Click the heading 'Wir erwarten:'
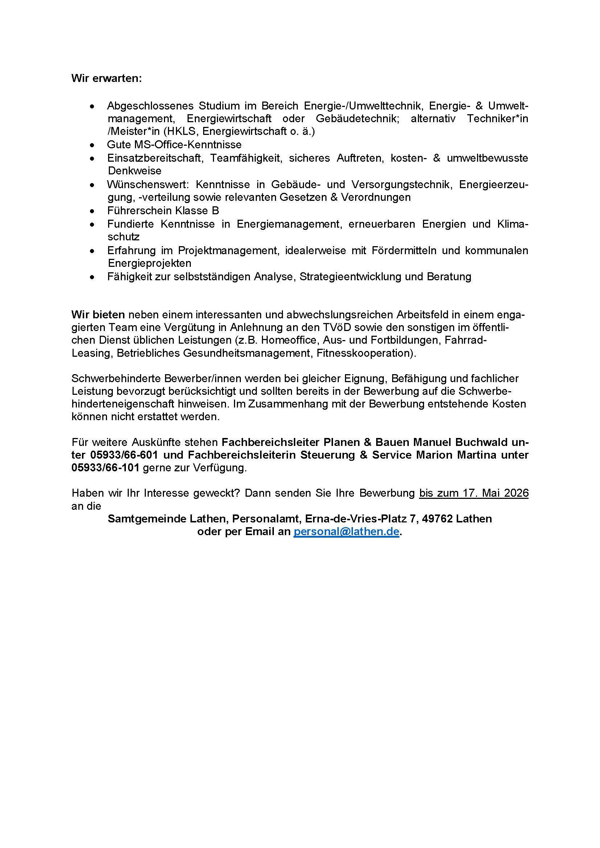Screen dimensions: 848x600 pyautogui.click(x=106, y=79)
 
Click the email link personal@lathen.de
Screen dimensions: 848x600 pyautogui.click(x=346, y=532)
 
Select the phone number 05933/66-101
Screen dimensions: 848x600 pyautogui.click(x=105, y=468)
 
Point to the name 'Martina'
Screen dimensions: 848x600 pyautogui.click(x=477, y=455)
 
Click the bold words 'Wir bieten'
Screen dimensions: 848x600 pyautogui.click(x=98, y=315)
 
